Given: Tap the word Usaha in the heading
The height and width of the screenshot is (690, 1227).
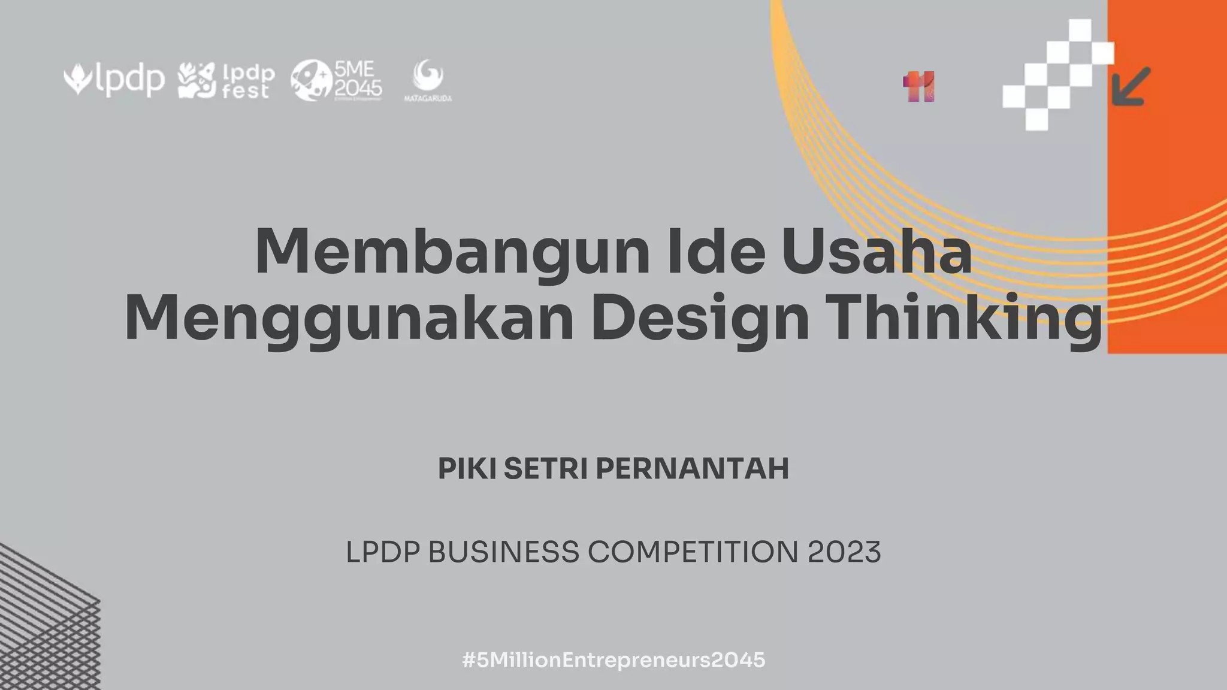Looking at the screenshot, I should [x=877, y=252].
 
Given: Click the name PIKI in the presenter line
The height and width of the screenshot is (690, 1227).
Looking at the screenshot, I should [x=467, y=468].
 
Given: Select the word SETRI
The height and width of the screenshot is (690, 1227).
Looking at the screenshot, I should [x=545, y=468].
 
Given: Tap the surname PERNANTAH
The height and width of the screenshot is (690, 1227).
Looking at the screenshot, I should [x=692, y=468].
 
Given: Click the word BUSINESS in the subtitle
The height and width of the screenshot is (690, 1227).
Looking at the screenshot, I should [x=504, y=552].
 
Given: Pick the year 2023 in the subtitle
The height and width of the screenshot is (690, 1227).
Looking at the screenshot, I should [x=844, y=552].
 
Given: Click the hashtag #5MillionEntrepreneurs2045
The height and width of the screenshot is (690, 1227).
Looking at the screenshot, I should [x=613, y=660].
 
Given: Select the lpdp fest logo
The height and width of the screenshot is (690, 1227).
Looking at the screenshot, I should [x=226, y=81].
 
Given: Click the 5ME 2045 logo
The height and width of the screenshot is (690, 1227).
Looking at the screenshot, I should [x=336, y=80].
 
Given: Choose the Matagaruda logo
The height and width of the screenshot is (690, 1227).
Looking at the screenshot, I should [x=428, y=80].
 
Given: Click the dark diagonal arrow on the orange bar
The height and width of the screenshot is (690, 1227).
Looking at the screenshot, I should [x=1131, y=86].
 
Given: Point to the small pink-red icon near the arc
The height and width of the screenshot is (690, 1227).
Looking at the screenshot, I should [x=918, y=87].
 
